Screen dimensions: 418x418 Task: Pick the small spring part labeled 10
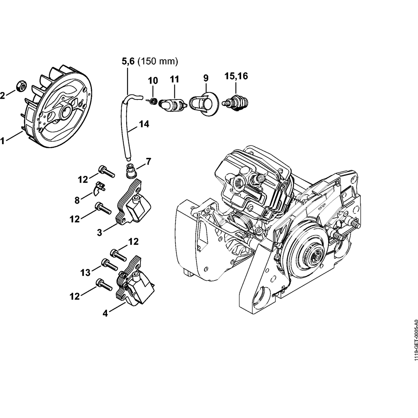[153, 101]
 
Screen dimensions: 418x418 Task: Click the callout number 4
[105, 313]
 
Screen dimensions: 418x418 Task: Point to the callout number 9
[205, 78]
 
